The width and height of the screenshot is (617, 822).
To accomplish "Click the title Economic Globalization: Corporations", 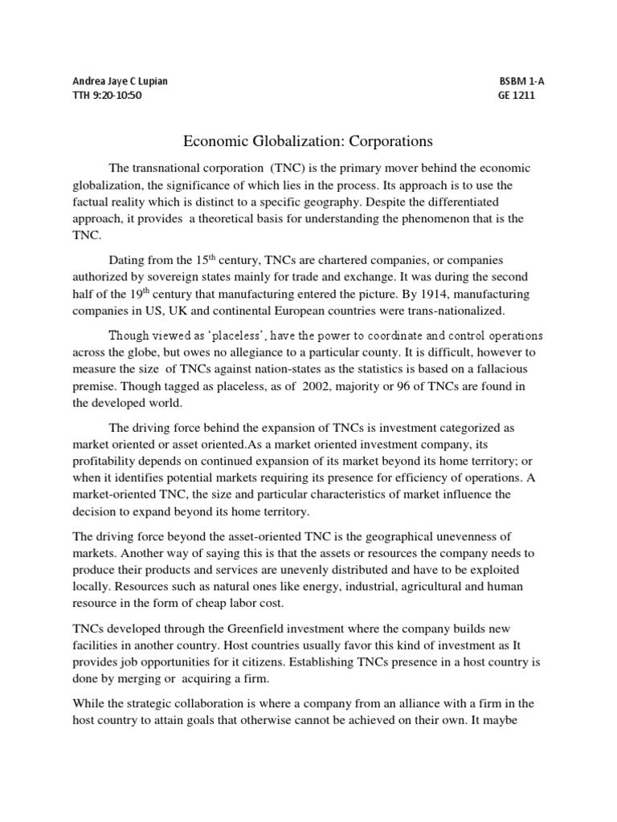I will point(308,141).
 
